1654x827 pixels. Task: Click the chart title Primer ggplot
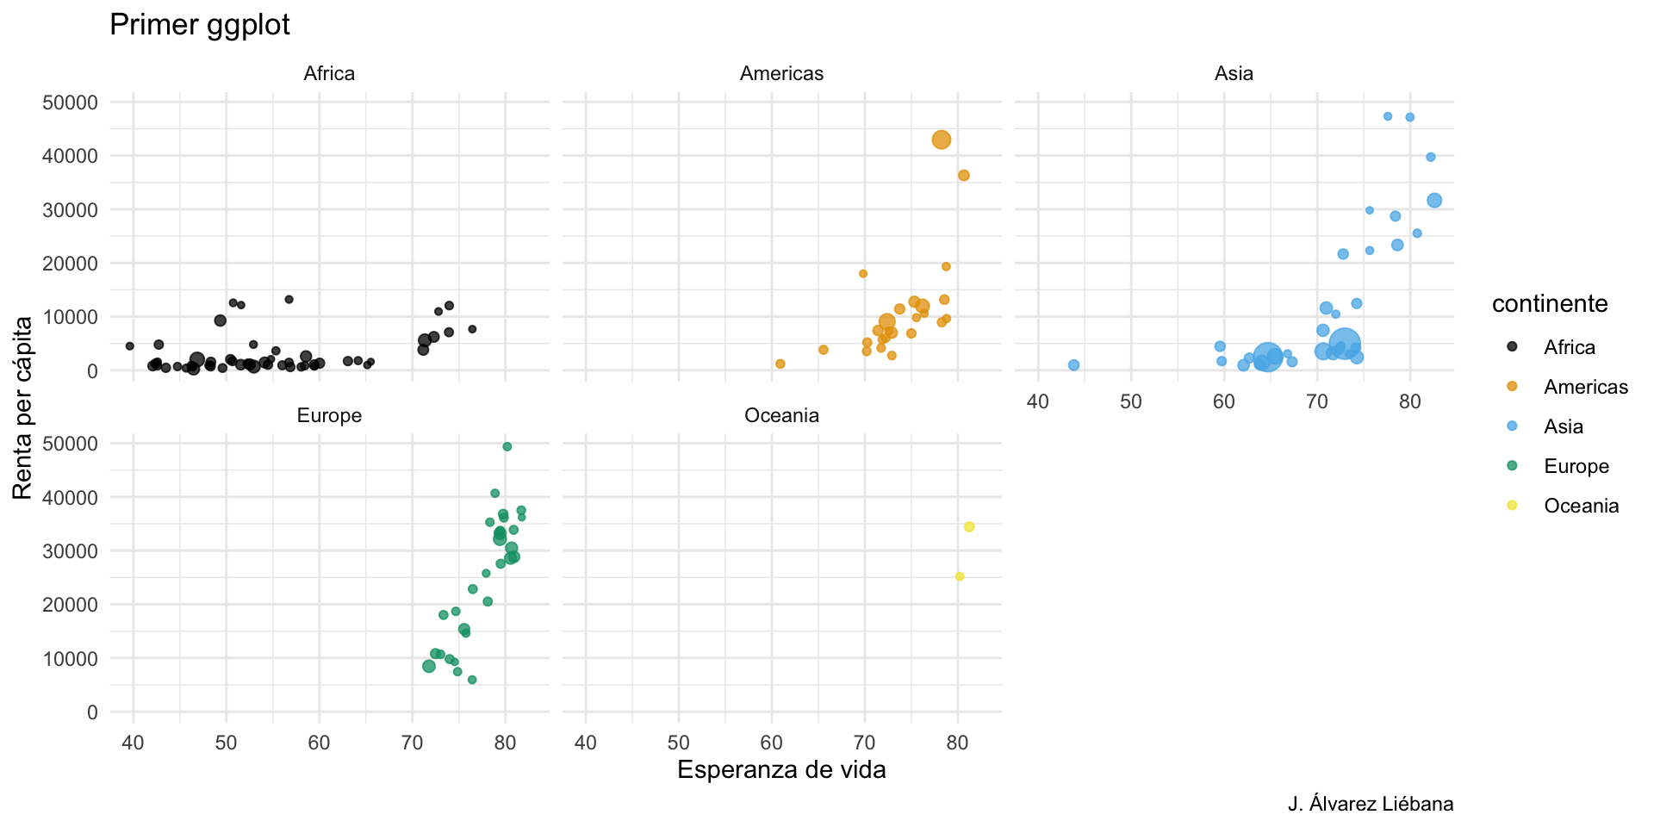[x=200, y=25]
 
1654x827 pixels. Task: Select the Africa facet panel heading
[x=329, y=74]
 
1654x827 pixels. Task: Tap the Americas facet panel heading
[x=781, y=74]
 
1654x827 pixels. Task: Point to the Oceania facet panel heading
[x=781, y=416]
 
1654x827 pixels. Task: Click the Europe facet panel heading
[x=329, y=416]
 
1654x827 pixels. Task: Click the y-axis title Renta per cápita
[x=23, y=407]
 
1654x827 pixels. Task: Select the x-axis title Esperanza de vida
[x=781, y=769]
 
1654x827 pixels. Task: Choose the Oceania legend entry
[x=1581, y=506]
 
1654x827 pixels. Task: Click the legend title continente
[x=1550, y=304]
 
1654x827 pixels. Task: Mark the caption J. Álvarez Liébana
[x=1371, y=805]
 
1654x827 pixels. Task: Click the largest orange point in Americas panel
[x=942, y=140]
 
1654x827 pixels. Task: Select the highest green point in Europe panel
[x=507, y=446]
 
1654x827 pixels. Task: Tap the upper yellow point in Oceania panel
[x=969, y=526]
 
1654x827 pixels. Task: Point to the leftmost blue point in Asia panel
[x=1073, y=365]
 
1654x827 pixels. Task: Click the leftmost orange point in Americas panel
[x=780, y=364]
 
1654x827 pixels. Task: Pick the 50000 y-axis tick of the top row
[x=70, y=103]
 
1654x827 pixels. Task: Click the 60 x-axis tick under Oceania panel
[x=772, y=743]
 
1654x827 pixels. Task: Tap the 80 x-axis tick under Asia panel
[x=1410, y=401]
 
